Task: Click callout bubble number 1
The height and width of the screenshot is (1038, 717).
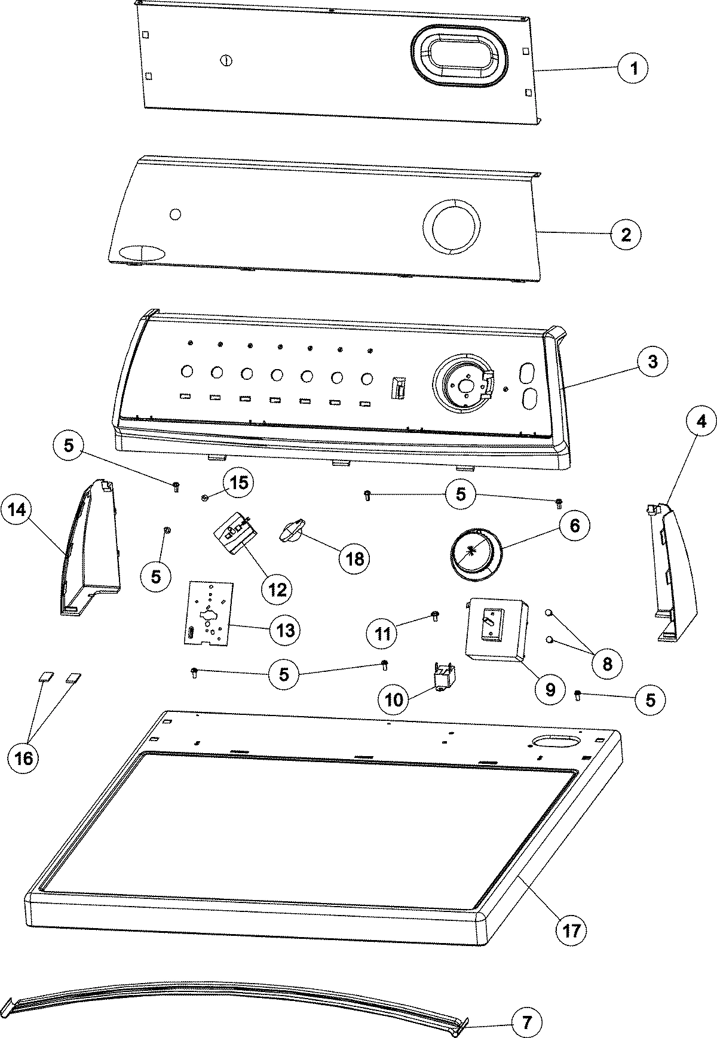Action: [x=634, y=68]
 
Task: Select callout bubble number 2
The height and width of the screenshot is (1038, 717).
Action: [x=626, y=234]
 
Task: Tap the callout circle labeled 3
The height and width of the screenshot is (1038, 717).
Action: [x=652, y=361]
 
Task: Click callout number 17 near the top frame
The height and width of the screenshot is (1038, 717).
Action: [x=571, y=930]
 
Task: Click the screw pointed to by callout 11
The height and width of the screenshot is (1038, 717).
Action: [x=434, y=616]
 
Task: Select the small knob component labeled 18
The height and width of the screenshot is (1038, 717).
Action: [x=293, y=531]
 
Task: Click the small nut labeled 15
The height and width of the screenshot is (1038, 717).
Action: [x=205, y=497]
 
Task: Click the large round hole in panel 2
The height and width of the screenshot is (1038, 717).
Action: [x=452, y=231]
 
